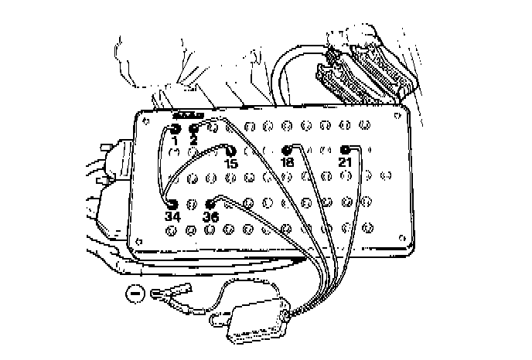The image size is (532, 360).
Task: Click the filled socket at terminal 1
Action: pos(175,128)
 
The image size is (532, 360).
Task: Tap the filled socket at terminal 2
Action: pos(194,128)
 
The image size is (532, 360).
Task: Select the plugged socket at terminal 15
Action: pos(230,151)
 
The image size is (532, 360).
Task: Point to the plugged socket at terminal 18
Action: pos(288,151)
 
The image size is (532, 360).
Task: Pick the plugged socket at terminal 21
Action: pos(346,149)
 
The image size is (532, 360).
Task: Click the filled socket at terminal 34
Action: pos(172,204)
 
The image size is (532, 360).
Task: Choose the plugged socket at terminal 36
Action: pos(210,205)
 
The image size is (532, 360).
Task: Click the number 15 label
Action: pos(230,164)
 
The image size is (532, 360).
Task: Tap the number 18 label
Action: pos(288,164)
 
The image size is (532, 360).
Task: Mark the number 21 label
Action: pos(346,162)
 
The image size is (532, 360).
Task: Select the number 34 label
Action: pos(172,217)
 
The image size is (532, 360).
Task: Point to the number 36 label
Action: pos(210,218)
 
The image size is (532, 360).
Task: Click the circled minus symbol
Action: pos(134,294)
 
